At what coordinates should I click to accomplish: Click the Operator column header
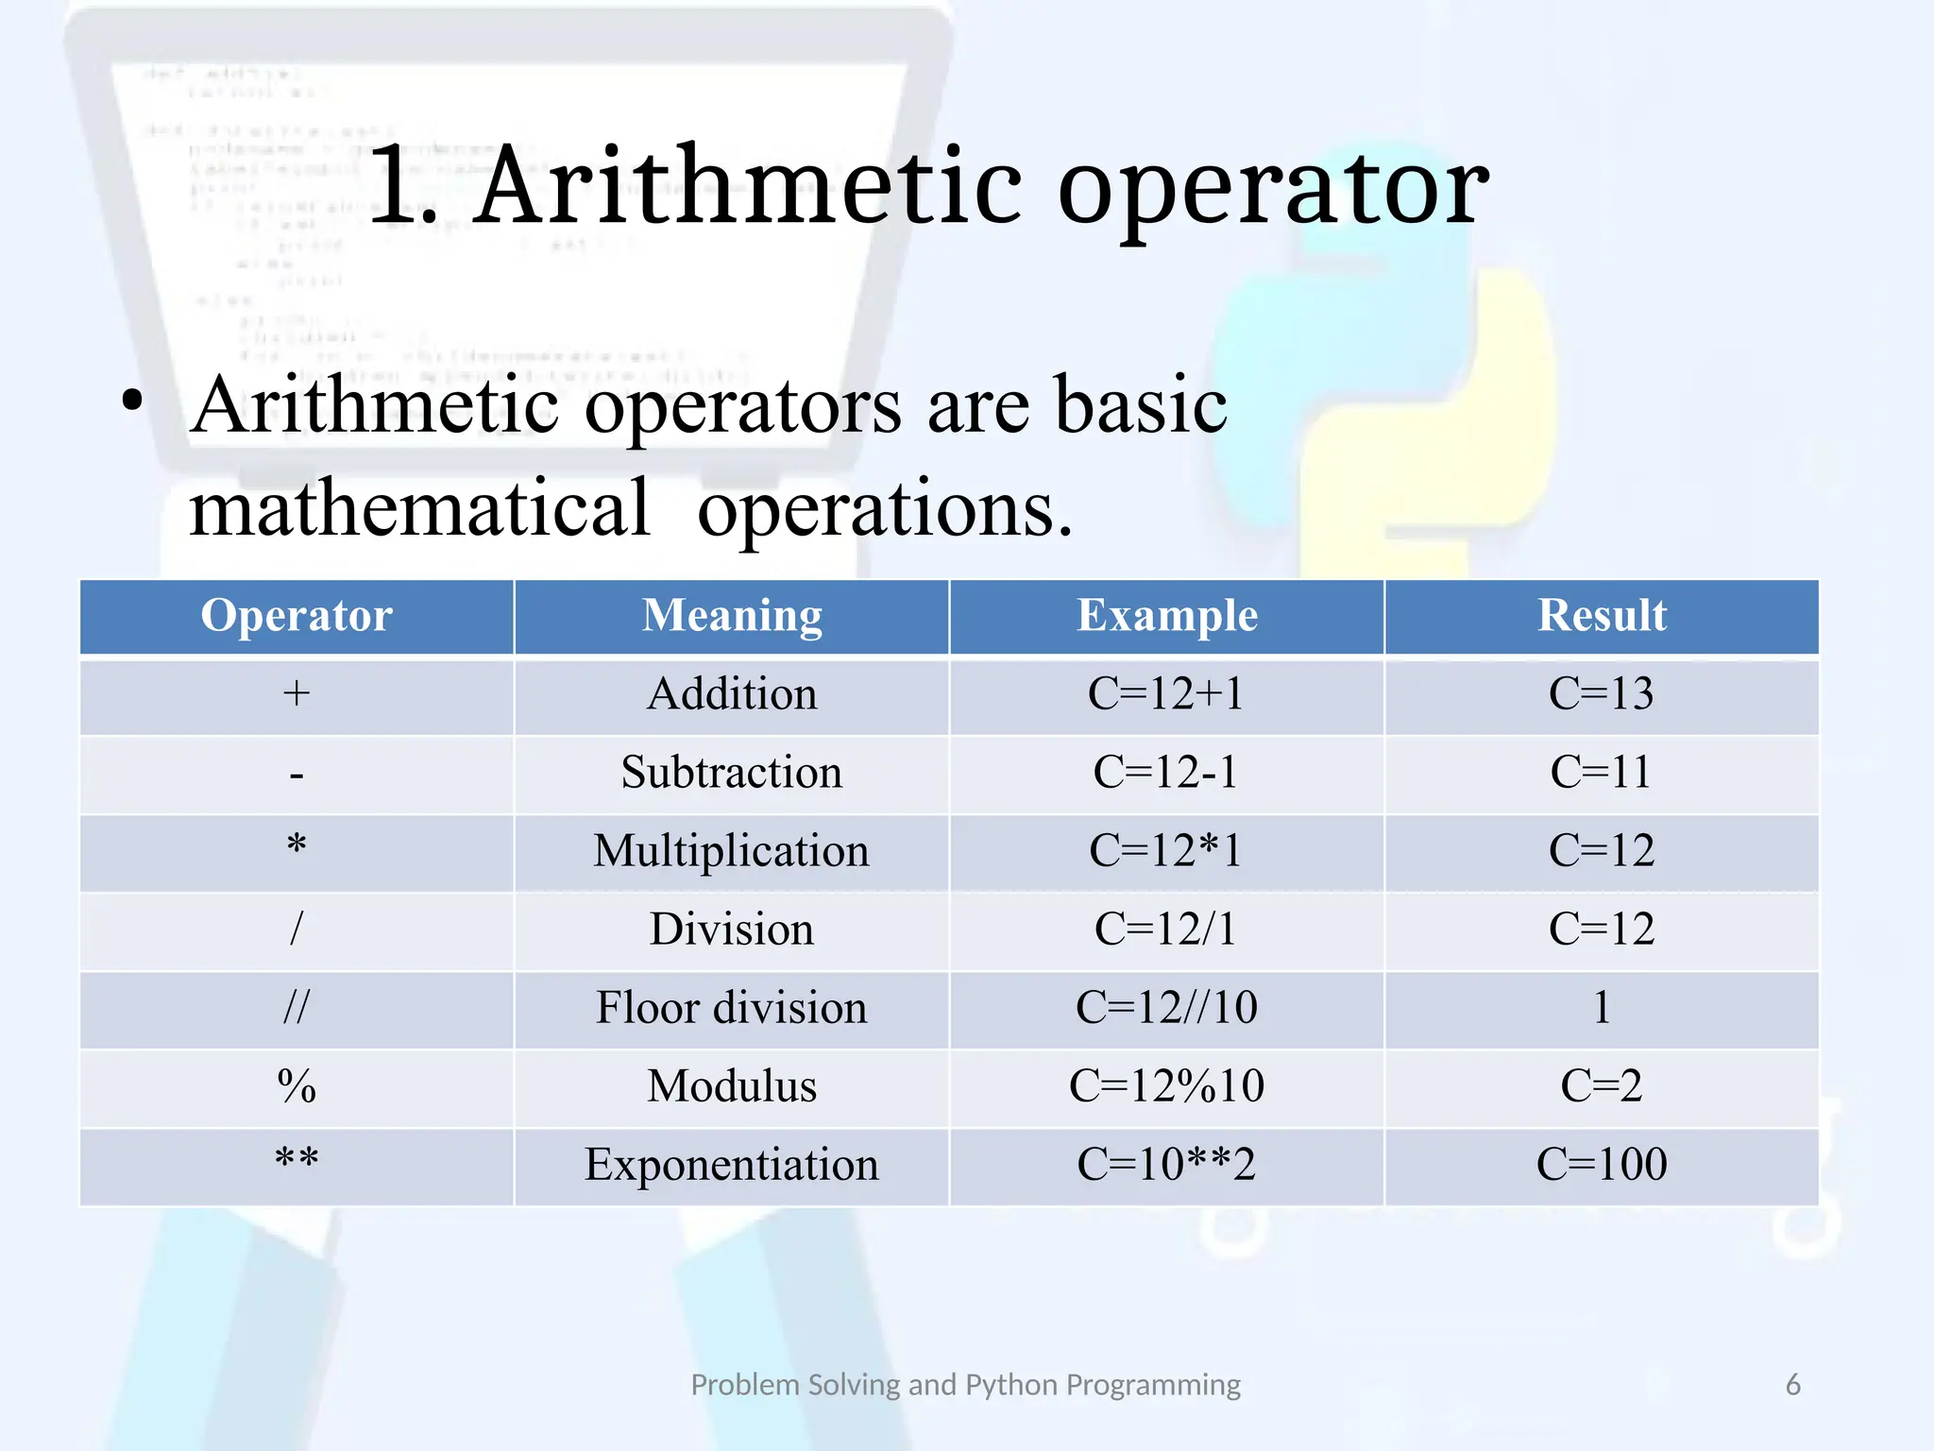297,616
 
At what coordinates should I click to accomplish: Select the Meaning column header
732,616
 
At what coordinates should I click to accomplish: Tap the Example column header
1167,616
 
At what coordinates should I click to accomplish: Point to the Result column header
1602,616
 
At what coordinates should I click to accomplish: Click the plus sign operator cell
297,694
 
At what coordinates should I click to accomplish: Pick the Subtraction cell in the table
732,773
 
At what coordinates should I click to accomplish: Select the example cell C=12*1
1166,851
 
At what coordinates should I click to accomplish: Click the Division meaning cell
732,930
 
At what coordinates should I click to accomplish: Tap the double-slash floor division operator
297,1008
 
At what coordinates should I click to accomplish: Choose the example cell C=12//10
1166,1008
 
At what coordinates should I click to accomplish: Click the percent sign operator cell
297,1086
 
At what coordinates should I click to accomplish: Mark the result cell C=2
1602,1086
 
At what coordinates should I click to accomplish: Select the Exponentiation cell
732,1165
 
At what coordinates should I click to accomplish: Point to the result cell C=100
1602,1165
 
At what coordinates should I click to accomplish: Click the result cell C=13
1602,694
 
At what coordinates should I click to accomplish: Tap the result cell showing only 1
1602,1008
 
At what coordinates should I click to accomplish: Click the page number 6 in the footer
1792,1385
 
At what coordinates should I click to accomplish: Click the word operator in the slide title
1272,189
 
